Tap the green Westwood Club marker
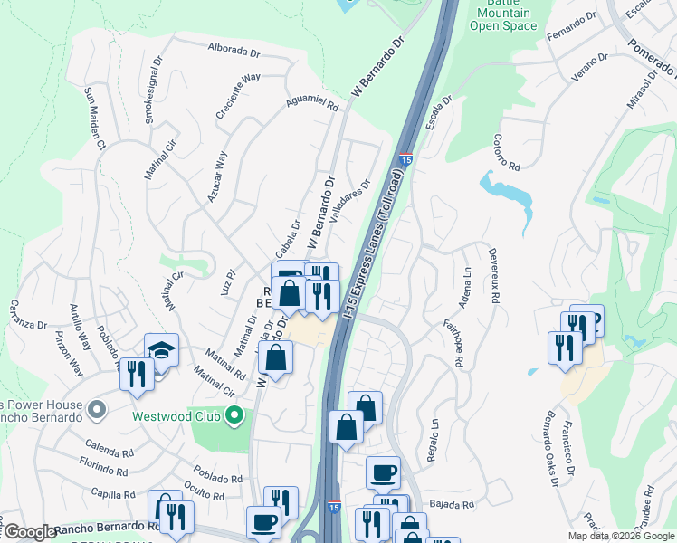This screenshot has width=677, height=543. coord(234,417)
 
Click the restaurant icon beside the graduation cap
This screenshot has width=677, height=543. coord(137,371)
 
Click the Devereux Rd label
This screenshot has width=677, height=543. coord(493,276)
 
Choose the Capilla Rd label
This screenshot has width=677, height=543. coord(113,494)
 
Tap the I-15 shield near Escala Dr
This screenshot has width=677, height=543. coord(405,159)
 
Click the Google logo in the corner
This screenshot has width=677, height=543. coord(30,532)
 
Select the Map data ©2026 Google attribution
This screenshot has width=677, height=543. coord(621,536)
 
